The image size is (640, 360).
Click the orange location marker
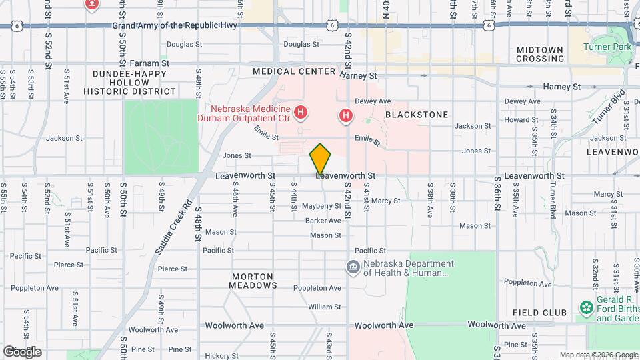tap(321, 159)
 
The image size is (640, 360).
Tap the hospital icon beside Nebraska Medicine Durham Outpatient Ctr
tap(301, 113)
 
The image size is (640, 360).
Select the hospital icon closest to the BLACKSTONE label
tap(345, 117)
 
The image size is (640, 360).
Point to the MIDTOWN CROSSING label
tap(540, 54)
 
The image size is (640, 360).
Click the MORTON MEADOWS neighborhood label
tap(254, 281)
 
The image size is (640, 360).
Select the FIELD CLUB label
tap(539, 313)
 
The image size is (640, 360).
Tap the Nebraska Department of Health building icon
tap(353, 268)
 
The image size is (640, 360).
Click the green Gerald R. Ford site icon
tap(586, 307)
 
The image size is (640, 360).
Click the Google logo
tap(22, 351)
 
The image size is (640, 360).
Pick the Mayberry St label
tap(321, 207)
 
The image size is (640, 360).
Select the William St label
tap(325, 307)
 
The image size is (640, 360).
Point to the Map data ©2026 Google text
tap(598, 355)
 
